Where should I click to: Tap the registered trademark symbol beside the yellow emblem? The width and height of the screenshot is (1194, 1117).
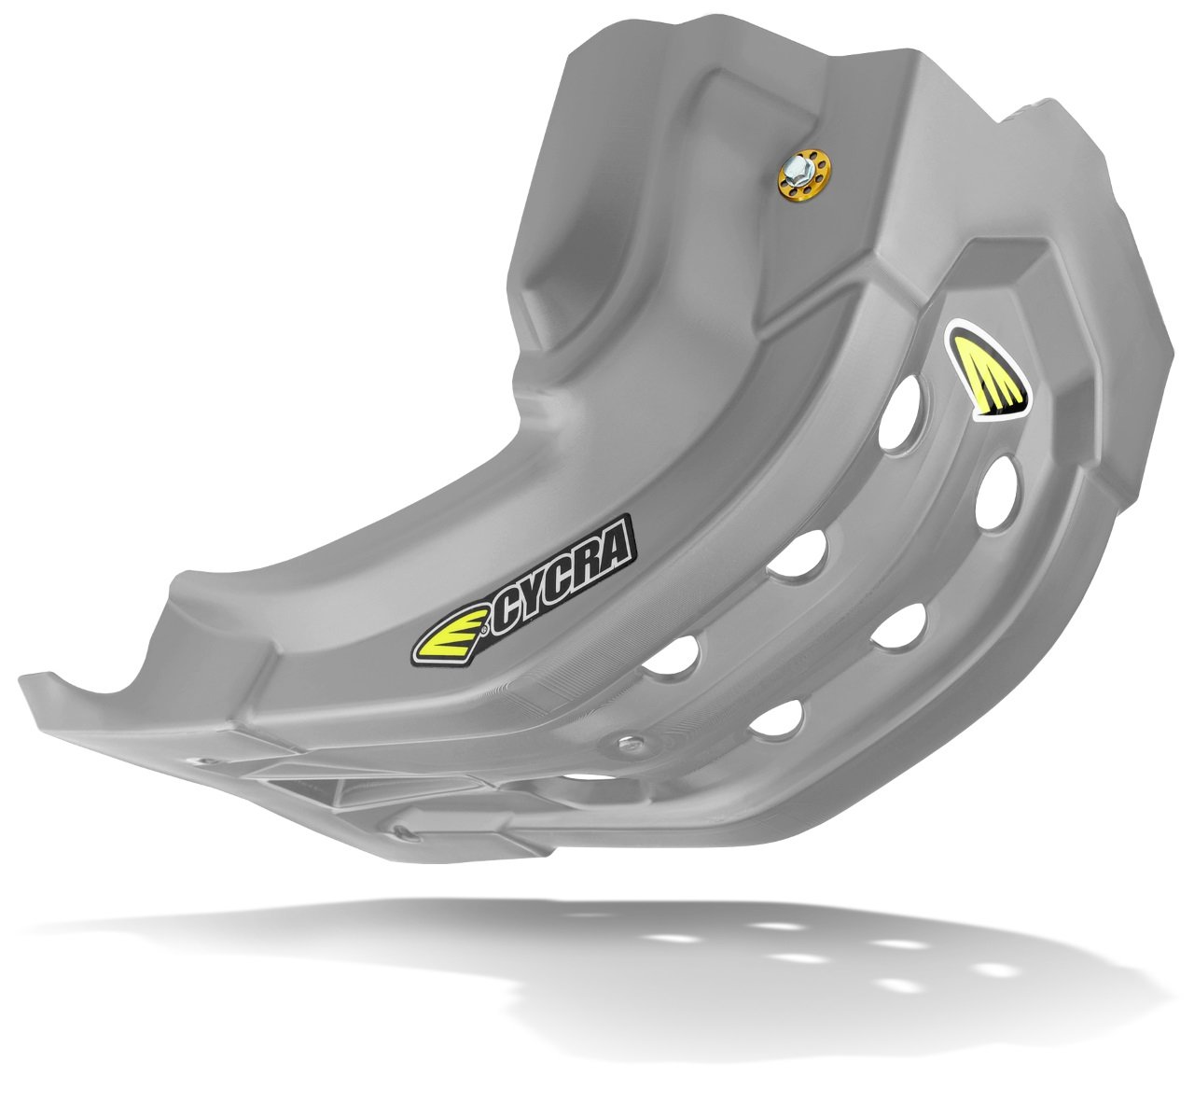pos(484,630)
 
